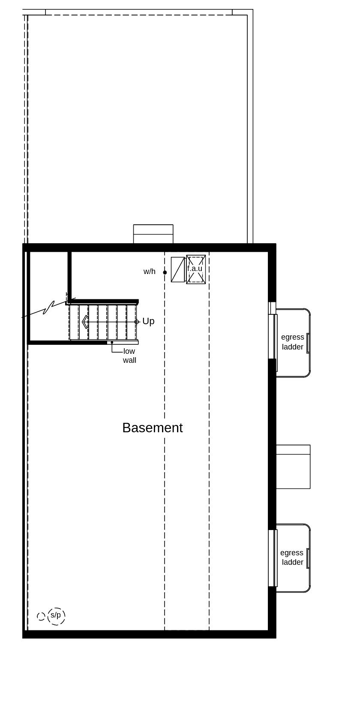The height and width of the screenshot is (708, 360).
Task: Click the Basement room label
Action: (x=152, y=428)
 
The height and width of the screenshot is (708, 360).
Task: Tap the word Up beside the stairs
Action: (x=148, y=321)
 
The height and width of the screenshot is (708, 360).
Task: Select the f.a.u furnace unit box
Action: (x=196, y=269)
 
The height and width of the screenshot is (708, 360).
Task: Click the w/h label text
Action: (x=150, y=271)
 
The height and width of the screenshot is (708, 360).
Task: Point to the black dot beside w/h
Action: (x=165, y=272)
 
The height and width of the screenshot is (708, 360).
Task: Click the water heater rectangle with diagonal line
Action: (x=178, y=269)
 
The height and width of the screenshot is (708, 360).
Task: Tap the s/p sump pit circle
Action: (x=56, y=616)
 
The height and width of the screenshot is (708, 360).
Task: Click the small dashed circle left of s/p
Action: (x=41, y=616)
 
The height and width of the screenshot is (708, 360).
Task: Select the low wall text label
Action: (x=129, y=356)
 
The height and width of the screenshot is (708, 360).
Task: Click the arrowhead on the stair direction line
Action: (x=85, y=322)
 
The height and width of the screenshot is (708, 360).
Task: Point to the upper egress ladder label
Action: (x=293, y=342)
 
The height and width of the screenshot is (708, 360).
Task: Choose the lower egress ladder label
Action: (x=292, y=557)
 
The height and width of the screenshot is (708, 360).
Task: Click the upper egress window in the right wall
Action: (x=273, y=337)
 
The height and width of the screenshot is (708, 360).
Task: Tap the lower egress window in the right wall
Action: (x=273, y=558)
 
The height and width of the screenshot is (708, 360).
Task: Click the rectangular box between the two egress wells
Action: (x=293, y=467)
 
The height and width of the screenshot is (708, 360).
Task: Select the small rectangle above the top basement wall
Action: (x=153, y=234)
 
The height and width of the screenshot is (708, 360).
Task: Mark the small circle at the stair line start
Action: (x=137, y=322)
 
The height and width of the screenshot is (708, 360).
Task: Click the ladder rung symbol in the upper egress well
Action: (x=308, y=343)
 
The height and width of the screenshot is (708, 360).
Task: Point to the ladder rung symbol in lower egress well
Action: (x=308, y=558)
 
